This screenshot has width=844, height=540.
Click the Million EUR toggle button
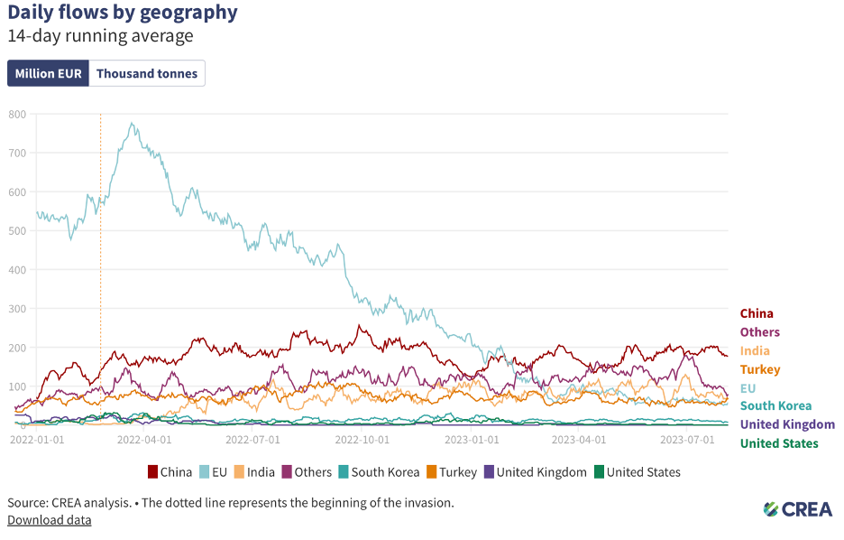48,73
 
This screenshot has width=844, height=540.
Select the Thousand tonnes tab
147,73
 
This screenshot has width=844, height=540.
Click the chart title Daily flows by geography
123,13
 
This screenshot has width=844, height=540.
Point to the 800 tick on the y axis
17,114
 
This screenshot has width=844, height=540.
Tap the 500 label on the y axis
17,230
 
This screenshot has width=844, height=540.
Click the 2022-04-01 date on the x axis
144,440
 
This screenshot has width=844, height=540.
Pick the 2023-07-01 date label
688,440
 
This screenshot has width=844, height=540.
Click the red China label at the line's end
757,313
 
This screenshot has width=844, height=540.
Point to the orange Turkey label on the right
760,369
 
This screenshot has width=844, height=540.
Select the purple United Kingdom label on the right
787,424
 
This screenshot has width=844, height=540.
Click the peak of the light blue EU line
133,124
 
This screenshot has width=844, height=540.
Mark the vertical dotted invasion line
100,271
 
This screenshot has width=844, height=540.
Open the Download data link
49,519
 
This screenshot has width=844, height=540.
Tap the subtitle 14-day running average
100,36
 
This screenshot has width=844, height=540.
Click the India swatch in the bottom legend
238,471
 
